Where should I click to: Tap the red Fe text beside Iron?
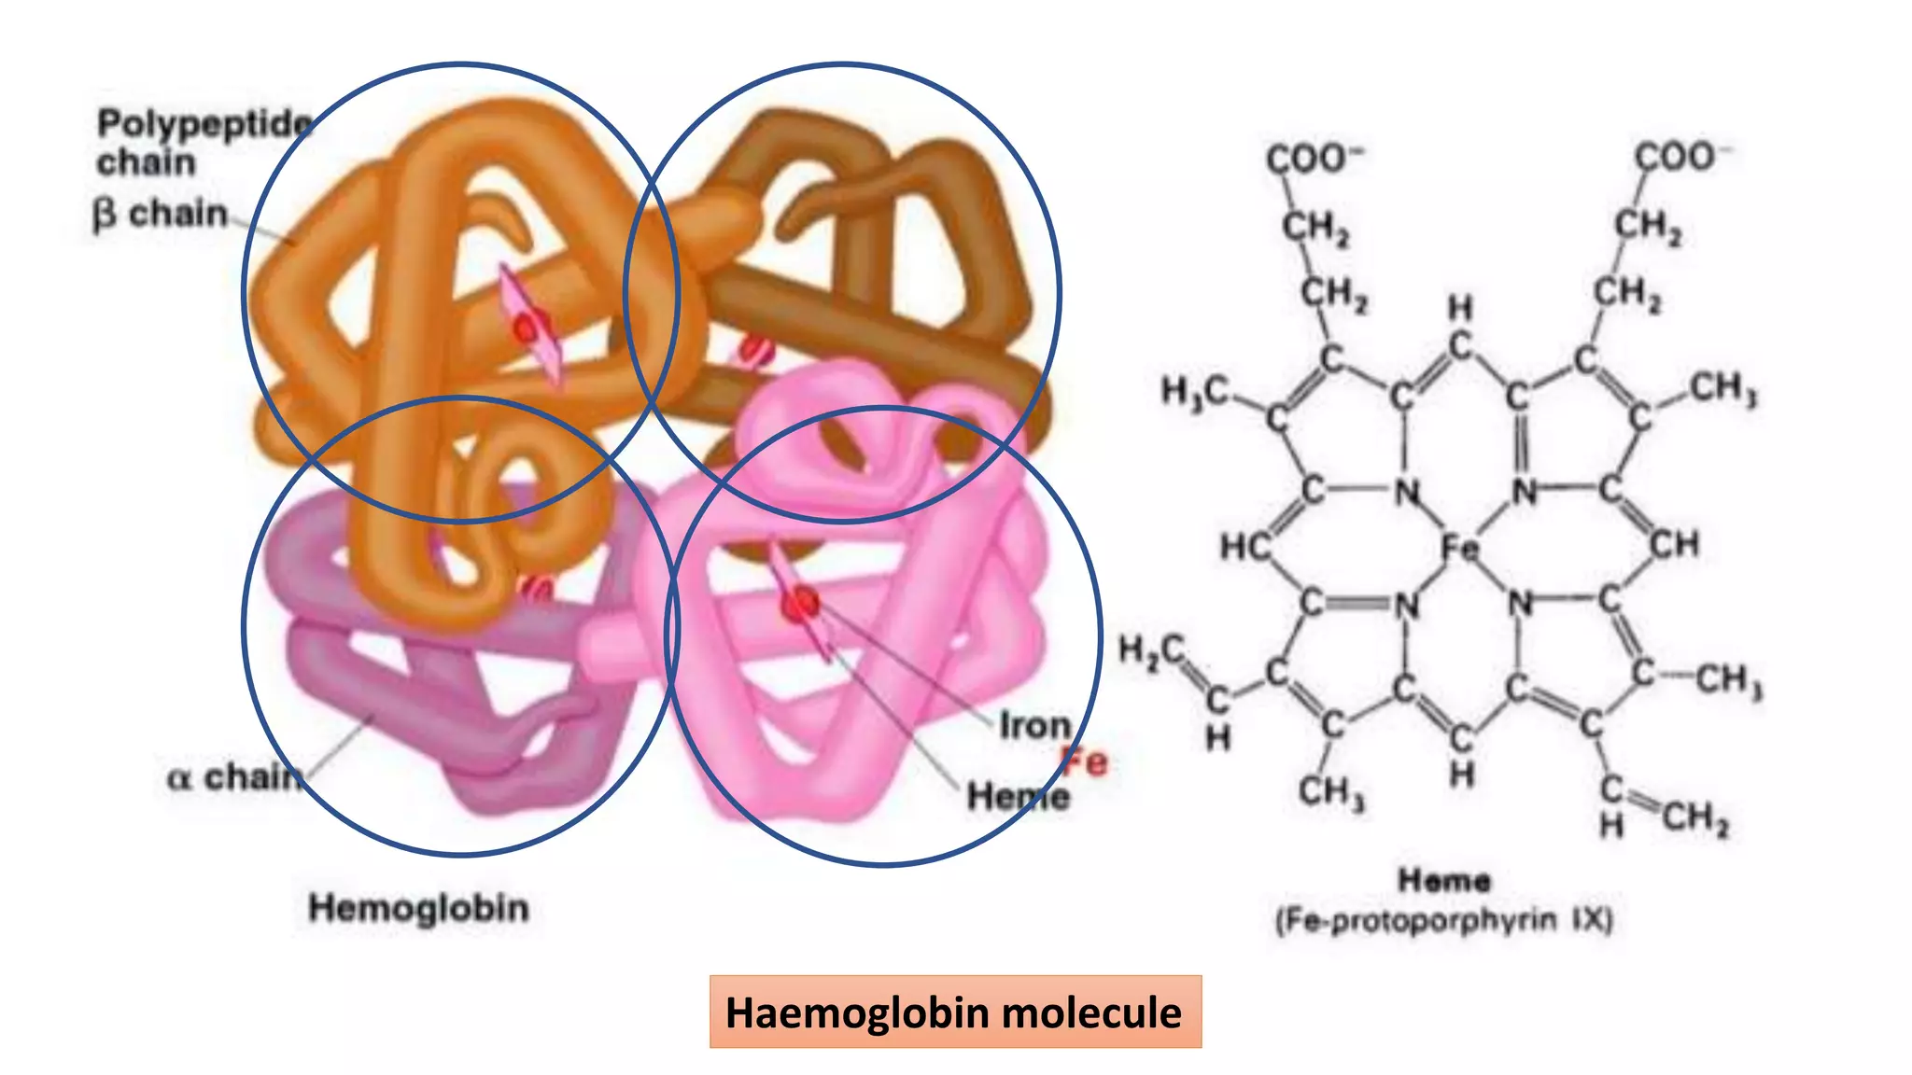click(x=1086, y=762)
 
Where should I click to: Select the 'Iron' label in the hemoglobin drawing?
click(x=1034, y=725)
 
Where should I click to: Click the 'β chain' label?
click(x=160, y=214)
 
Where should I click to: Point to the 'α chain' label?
click(x=234, y=775)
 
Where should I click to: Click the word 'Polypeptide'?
click(x=204, y=123)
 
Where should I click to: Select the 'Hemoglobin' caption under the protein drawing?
click(x=418, y=907)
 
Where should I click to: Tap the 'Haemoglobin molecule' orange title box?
click(x=954, y=1012)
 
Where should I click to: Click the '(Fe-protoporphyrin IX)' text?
click(x=1443, y=921)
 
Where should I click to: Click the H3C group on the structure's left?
click(x=1194, y=390)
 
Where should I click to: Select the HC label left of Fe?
click(x=1244, y=546)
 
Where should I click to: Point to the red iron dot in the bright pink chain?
click(x=800, y=605)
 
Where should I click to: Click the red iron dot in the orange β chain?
click(x=528, y=328)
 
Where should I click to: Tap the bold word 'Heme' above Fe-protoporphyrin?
click(x=1443, y=879)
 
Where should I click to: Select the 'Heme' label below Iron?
click(x=1017, y=797)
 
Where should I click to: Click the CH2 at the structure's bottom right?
click(x=1694, y=818)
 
